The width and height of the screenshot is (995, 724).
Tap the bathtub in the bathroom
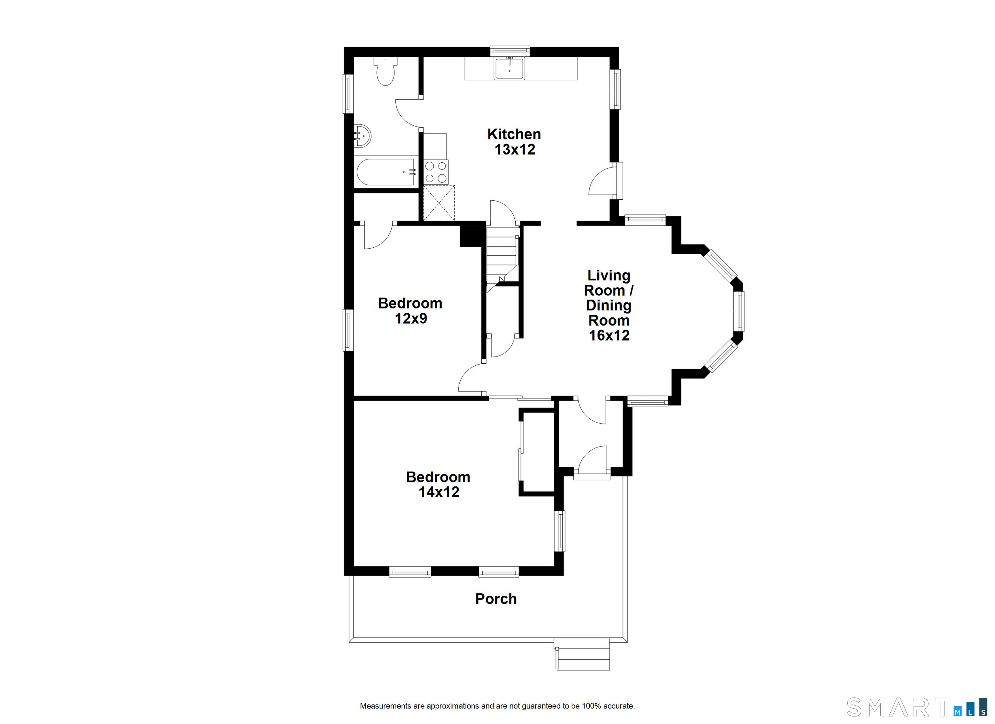pos(386,172)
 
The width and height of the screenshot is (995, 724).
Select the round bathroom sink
pos(362,136)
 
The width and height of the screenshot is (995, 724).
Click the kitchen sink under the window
pos(509,68)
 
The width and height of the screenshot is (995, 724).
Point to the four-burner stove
pos(436,172)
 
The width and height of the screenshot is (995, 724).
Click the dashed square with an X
pos(439,203)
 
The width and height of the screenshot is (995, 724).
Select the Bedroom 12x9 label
pos(410,311)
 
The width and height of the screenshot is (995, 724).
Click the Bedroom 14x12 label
pos(438,484)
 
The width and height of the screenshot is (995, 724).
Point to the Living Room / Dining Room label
pos(609,305)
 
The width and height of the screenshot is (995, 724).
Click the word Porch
pos(496,599)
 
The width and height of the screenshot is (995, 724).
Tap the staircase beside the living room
pos(503,259)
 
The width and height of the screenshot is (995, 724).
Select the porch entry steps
pos(582,654)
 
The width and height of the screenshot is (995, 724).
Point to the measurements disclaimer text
pos(497,706)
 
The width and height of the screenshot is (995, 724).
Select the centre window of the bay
pos(739,311)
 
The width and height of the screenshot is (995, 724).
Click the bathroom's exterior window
pos(348,94)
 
